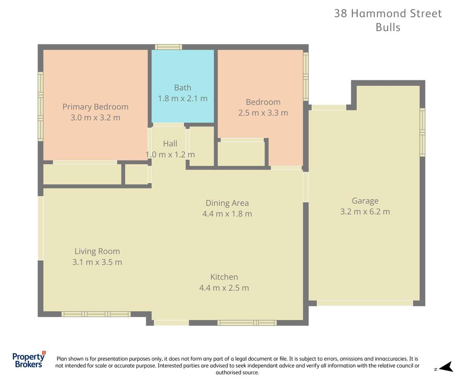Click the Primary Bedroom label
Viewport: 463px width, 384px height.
click(x=95, y=107)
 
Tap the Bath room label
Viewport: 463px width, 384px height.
click(x=182, y=88)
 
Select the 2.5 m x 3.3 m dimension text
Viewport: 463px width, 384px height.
click(x=263, y=113)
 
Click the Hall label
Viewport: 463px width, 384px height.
click(x=170, y=144)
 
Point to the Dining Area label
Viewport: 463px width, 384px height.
click(x=227, y=203)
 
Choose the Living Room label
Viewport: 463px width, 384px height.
click(x=97, y=251)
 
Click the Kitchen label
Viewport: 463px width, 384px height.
click(x=224, y=277)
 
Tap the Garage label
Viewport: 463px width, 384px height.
click(x=365, y=201)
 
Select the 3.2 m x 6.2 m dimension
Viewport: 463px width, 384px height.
click(x=365, y=212)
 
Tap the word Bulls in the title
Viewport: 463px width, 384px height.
click(x=388, y=27)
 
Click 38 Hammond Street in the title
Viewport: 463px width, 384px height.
click(x=388, y=14)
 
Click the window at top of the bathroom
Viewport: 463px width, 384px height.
click(x=168, y=47)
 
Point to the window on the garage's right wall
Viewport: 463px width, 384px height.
click(x=422, y=132)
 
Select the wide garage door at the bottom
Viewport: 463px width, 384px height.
click(x=365, y=303)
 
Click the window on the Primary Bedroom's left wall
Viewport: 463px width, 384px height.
click(x=40, y=106)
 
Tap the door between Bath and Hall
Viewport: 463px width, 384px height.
click(x=168, y=125)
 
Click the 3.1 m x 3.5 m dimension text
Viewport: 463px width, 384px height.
click(x=97, y=262)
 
